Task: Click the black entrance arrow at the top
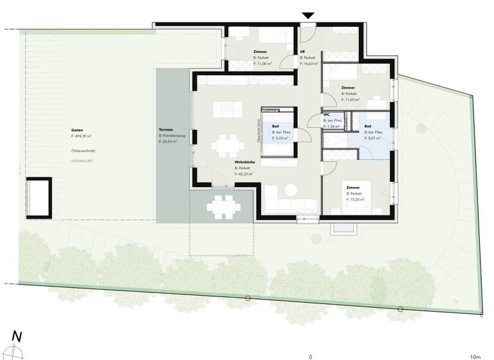pos(308,15)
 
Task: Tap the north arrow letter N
pos(17,336)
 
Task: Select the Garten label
pos(77,130)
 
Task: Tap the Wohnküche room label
pos(244,162)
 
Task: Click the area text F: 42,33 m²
pos(244,174)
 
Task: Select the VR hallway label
pos(302,51)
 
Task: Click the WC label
pos(327,114)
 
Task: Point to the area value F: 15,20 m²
pos(356,199)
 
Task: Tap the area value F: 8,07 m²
pos(374,138)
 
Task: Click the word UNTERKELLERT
pos(83,160)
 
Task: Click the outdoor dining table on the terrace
pos(222,207)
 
